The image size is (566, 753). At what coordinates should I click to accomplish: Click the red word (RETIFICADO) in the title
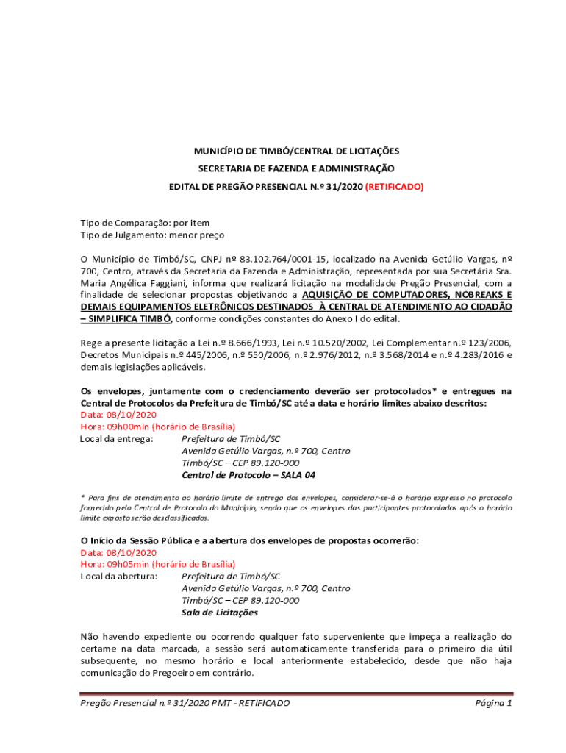[x=395, y=187]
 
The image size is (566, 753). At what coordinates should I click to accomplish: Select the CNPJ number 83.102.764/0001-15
[x=287, y=259]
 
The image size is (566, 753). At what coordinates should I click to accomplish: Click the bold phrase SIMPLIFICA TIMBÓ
[x=130, y=318]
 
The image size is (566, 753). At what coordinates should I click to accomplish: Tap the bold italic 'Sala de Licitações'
[x=220, y=612]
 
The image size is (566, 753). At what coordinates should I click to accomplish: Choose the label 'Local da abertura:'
[x=118, y=576]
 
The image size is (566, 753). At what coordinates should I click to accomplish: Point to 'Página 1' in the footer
[x=493, y=703]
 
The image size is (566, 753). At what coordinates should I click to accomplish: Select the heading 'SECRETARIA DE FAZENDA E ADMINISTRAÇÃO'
[x=296, y=168]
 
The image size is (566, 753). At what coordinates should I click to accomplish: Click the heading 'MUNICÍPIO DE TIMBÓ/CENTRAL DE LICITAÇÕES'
[x=296, y=151]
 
